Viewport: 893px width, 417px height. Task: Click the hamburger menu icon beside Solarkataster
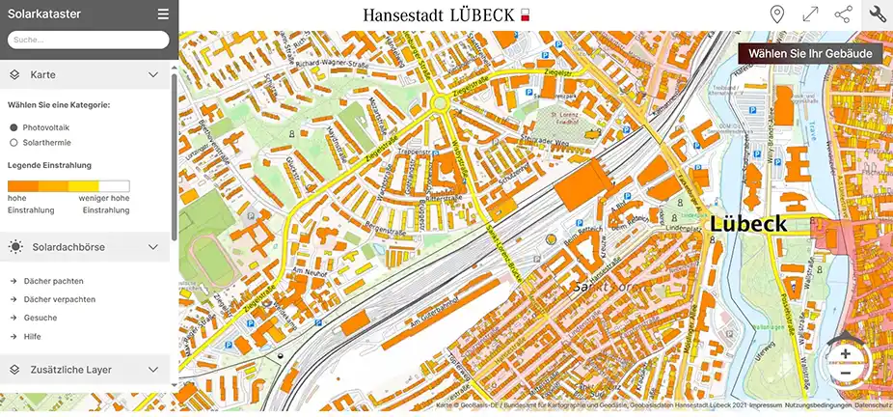tap(163, 14)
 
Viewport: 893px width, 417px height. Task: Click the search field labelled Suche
tap(88, 41)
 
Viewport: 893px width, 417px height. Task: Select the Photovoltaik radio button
tap(14, 127)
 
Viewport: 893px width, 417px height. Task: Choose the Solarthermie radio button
tap(14, 143)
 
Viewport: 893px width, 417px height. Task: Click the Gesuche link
tap(40, 318)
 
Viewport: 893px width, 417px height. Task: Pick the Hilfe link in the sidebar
tap(33, 336)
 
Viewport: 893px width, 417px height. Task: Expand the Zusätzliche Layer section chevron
tap(153, 370)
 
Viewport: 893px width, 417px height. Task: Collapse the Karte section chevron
tap(153, 74)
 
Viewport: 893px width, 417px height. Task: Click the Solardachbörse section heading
tap(68, 247)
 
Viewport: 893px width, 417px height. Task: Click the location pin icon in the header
tap(777, 14)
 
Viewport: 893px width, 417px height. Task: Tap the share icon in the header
tap(843, 14)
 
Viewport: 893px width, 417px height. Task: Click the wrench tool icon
tap(877, 14)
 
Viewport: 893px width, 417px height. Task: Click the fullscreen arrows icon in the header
tap(810, 14)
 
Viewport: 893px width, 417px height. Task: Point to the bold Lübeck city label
tap(748, 224)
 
